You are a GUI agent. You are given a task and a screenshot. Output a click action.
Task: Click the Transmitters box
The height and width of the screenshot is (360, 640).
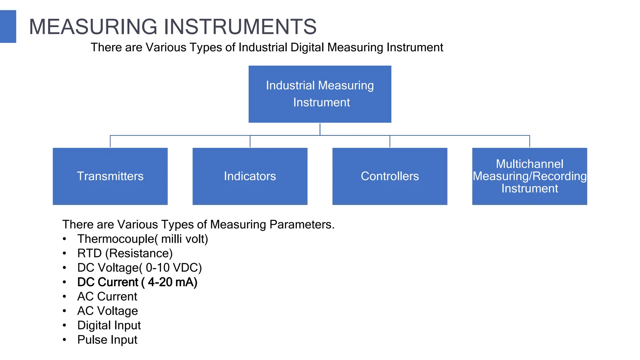110,176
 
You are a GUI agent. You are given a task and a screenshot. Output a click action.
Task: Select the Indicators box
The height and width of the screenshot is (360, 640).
250,176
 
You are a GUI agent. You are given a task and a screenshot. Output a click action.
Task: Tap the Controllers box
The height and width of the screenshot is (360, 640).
390,176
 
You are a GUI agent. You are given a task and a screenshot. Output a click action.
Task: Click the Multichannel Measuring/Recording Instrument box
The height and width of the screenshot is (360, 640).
529,176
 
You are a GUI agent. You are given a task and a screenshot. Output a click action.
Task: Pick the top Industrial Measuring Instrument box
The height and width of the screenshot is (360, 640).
320,94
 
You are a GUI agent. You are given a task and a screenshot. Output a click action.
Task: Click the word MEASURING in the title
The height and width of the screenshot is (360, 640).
93,27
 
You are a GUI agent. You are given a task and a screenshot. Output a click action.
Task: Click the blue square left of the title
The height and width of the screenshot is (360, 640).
8,27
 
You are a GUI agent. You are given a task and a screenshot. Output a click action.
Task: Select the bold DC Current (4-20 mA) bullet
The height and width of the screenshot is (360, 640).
137,282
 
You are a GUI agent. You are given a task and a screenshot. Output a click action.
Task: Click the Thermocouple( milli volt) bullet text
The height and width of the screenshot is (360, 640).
142,239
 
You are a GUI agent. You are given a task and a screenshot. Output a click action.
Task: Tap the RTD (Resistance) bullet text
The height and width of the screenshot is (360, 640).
125,253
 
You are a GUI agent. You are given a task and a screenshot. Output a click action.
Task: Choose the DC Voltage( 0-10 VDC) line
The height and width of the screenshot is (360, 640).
139,268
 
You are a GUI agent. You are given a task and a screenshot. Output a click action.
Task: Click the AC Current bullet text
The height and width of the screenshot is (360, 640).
107,297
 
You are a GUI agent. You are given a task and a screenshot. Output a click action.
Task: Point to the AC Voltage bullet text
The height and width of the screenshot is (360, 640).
107,311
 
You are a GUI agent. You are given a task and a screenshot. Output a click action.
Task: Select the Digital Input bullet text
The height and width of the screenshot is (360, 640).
109,325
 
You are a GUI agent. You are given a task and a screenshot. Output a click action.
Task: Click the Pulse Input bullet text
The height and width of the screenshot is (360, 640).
107,340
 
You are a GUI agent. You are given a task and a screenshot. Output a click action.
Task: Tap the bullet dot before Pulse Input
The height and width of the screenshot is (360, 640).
64,340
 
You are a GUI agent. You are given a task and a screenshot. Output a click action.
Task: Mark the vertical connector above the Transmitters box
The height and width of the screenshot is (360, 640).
110,141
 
